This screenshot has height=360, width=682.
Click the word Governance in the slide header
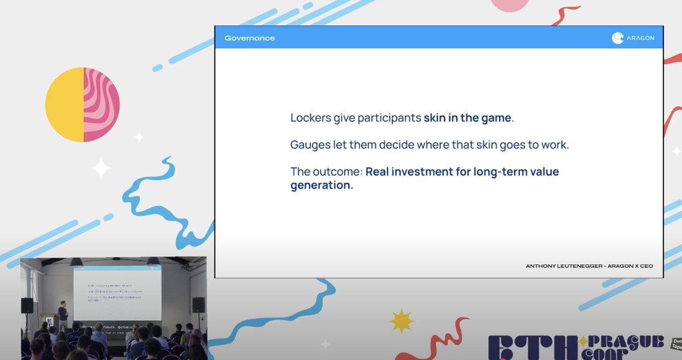[249, 38]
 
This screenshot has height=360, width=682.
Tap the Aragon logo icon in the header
[618, 38]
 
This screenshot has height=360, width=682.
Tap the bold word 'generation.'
[322, 185]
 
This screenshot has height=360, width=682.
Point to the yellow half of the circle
[64, 104]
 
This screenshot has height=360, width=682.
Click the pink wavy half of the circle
[102, 104]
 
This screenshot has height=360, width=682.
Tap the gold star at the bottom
[402, 321]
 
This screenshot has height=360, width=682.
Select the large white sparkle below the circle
[101, 168]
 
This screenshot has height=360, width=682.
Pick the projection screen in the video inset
[117, 293]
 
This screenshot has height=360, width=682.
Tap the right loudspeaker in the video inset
[198, 305]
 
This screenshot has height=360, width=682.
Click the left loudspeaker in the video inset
[27, 305]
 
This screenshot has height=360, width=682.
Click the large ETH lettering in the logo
[531, 349]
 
